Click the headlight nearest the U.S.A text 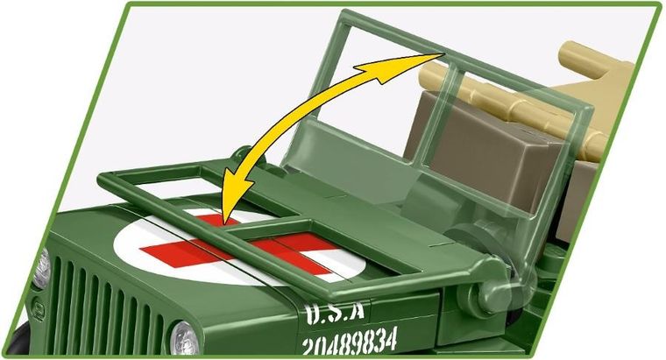click(183, 336)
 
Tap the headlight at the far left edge click(40, 268)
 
